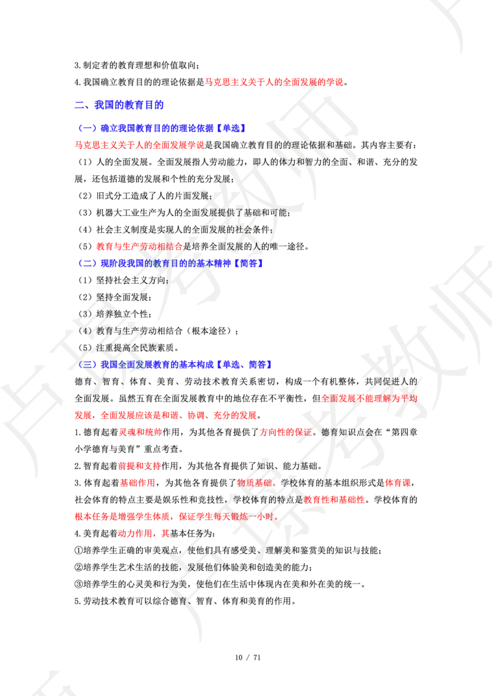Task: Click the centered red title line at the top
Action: (274, 82)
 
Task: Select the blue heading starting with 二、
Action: (119, 106)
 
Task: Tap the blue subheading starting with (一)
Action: (162, 128)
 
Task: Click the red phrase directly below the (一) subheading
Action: (140, 145)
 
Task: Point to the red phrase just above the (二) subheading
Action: (138, 246)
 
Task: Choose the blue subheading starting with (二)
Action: (172, 263)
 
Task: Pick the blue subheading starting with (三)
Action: (175, 364)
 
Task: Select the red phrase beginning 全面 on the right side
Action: (368, 398)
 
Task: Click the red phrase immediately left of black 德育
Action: (285, 432)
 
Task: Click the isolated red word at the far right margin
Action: (398, 483)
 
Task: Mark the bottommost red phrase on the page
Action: (143, 533)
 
